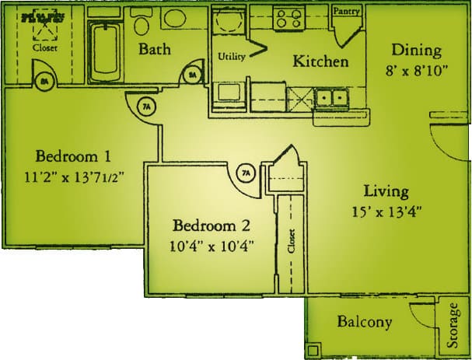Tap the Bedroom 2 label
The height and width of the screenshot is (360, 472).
212,226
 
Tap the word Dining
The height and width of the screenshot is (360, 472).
416,51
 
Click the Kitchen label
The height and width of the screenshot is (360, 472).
320,61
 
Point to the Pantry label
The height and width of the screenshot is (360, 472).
345,12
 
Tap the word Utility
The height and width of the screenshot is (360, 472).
231,56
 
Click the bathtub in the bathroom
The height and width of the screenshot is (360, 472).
104,52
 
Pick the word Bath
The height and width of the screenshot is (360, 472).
156,49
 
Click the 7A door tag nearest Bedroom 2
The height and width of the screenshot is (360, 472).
246,173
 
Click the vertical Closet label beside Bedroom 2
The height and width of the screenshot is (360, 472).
292,241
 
